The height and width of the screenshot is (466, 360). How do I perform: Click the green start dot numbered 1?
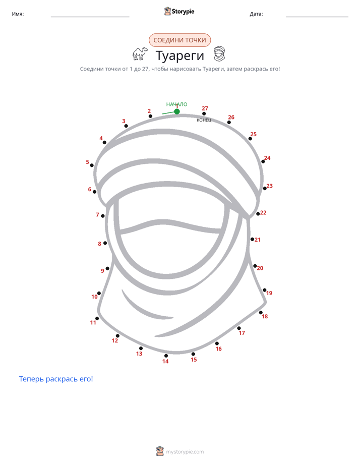pyautogui.click(x=177, y=111)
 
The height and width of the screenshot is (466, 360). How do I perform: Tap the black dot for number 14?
pyautogui.click(x=166, y=356)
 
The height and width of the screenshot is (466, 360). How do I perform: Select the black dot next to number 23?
pyautogui.click(x=265, y=189)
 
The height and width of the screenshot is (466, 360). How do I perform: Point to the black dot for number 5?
pyautogui.click(x=92, y=165)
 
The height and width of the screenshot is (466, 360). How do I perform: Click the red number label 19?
pyautogui.click(x=269, y=293)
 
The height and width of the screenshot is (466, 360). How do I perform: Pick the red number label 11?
pyautogui.click(x=93, y=322)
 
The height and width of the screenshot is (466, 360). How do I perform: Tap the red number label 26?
pyautogui.click(x=231, y=117)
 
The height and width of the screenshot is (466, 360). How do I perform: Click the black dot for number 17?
pyautogui.click(x=239, y=328)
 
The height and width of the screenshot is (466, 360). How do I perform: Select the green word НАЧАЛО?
pyautogui.click(x=177, y=104)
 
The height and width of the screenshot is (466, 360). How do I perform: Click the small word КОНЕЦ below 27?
pyautogui.click(x=204, y=120)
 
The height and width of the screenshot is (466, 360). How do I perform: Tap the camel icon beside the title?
pyautogui.click(x=140, y=54)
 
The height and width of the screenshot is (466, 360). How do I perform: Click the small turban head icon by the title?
pyautogui.click(x=219, y=54)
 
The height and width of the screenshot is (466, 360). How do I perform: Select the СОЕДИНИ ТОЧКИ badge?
pyautogui.click(x=179, y=40)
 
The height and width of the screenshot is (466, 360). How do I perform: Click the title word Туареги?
pyautogui.click(x=179, y=56)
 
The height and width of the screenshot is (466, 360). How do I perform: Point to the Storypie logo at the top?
pyautogui.click(x=179, y=11)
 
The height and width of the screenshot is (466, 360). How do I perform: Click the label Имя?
pyautogui.click(x=18, y=14)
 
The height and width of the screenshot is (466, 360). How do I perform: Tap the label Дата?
pyautogui.click(x=256, y=14)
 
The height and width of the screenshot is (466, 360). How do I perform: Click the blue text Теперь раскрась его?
pyautogui.click(x=56, y=379)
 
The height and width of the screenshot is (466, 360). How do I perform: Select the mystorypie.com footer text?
pyautogui.click(x=185, y=452)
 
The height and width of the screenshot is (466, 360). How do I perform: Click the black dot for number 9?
pyautogui.click(x=107, y=268)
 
